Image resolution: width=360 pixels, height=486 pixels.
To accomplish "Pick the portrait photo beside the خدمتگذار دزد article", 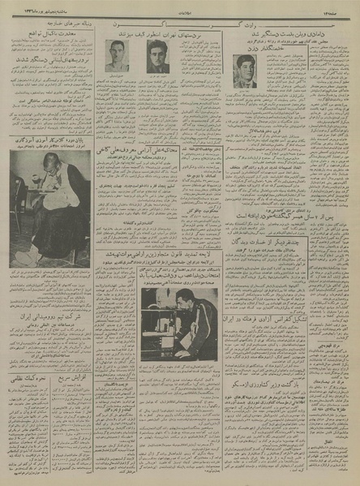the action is (x=245, y=70).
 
